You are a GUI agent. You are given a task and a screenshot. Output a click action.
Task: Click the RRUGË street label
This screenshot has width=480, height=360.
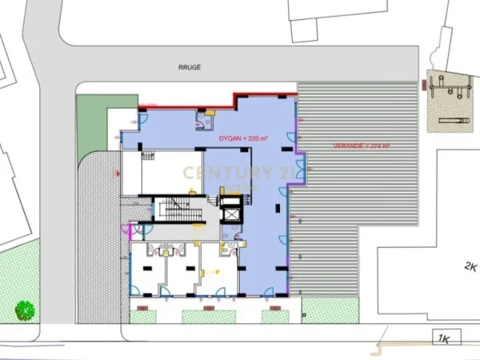coord(189,70)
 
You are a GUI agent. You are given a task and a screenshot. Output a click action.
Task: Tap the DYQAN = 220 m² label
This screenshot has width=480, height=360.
coord(244,138)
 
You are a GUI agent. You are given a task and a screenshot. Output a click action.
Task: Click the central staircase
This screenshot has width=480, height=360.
coord(171,210)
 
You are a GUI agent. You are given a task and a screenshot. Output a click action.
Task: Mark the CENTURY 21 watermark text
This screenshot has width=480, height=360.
coord(238,172)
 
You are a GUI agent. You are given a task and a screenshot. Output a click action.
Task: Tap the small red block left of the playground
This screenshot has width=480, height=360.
coord(422,82)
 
